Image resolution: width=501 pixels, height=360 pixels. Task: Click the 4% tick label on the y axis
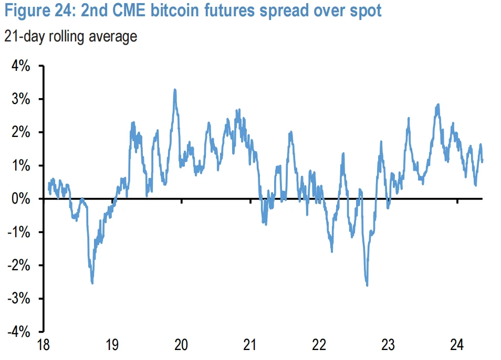19,67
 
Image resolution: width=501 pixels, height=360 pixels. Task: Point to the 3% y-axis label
19,100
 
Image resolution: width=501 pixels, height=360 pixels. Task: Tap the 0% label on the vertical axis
19,199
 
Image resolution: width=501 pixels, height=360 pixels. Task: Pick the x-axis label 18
43,346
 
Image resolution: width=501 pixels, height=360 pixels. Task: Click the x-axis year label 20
181,346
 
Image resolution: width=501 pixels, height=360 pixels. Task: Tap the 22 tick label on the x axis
319,346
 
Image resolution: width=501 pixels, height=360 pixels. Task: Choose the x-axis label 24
457,346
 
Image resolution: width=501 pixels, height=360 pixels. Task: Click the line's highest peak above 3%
175,90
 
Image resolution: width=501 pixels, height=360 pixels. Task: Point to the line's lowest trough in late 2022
367,285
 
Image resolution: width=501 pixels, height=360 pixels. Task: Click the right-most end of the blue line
482,161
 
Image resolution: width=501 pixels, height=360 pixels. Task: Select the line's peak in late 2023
438,104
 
